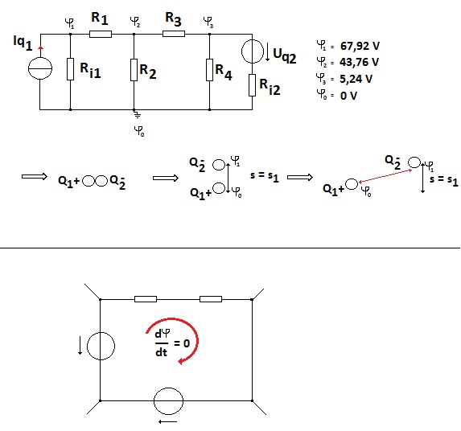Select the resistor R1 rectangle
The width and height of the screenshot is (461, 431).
point(101,34)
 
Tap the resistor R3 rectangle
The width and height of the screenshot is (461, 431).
point(174,34)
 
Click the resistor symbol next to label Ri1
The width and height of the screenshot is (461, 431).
point(70,69)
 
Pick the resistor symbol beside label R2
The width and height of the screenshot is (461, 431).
point(134,70)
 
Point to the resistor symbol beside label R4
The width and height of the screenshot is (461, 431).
point(209,70)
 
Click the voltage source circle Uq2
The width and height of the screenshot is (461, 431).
point(253,51)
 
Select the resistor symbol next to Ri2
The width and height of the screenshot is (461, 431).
point(252,85)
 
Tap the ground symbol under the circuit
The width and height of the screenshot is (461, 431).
point(137,114)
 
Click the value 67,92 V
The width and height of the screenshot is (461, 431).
point(360,46)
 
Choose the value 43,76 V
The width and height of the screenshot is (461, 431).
point(359,62)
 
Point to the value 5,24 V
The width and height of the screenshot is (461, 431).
point(356,79)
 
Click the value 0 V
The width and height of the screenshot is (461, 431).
point(348,96)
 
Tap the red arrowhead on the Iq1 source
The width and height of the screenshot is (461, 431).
point(40,47)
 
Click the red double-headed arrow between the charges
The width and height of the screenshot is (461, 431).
point(385,176)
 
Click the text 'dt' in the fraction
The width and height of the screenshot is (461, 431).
point(161,351)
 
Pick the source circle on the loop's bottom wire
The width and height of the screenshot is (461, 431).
point(168,401)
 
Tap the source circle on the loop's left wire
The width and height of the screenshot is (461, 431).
point(101,346)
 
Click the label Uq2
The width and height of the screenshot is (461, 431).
point(284,55)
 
